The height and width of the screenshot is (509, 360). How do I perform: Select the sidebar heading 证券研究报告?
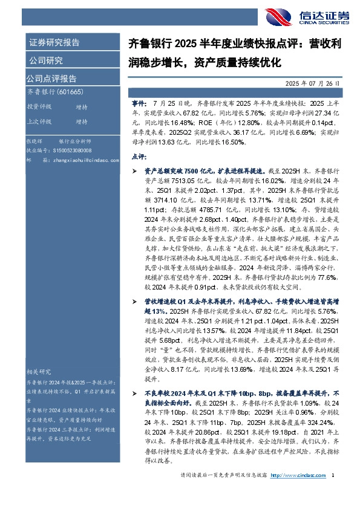tap(54, 43)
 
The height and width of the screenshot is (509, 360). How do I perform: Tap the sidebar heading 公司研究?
tap(45, 60)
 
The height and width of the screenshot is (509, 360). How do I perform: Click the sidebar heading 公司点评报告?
tap(51, 79)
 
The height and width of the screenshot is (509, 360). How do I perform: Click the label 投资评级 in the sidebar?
tap(39, 106)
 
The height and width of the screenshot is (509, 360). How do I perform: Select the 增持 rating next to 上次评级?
tap(81, 122)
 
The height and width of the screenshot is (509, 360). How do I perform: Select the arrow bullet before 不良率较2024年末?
tap(135, 392)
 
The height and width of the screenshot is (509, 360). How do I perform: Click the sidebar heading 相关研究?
tap(39, 371)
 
